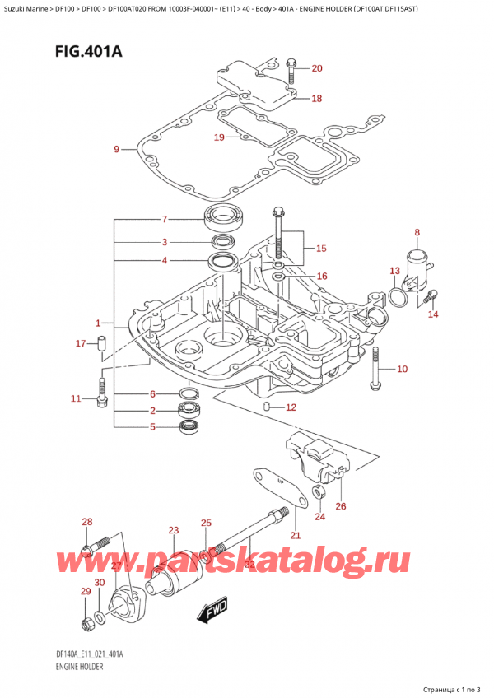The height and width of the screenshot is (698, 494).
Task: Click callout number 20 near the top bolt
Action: coord(317,68)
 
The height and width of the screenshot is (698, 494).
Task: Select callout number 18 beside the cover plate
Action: coord(316,99)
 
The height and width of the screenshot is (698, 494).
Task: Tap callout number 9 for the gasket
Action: coord(116,149)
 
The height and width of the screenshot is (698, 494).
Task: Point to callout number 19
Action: coord(219,137)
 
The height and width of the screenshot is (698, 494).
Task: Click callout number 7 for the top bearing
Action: coord(165,220)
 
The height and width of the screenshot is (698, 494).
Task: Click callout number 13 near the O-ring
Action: coord(394,271)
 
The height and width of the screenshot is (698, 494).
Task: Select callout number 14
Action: coord(434,314)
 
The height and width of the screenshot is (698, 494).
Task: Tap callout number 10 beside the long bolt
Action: coord(402,370)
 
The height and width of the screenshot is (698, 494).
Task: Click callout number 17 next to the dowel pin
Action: coord(80,343)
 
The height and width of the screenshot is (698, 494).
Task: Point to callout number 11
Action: coord(76,399)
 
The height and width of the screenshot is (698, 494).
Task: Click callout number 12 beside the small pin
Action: coord(290,407)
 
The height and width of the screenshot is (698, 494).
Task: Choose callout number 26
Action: coord(341,505)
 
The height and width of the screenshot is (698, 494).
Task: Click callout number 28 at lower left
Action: coord(86,523)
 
